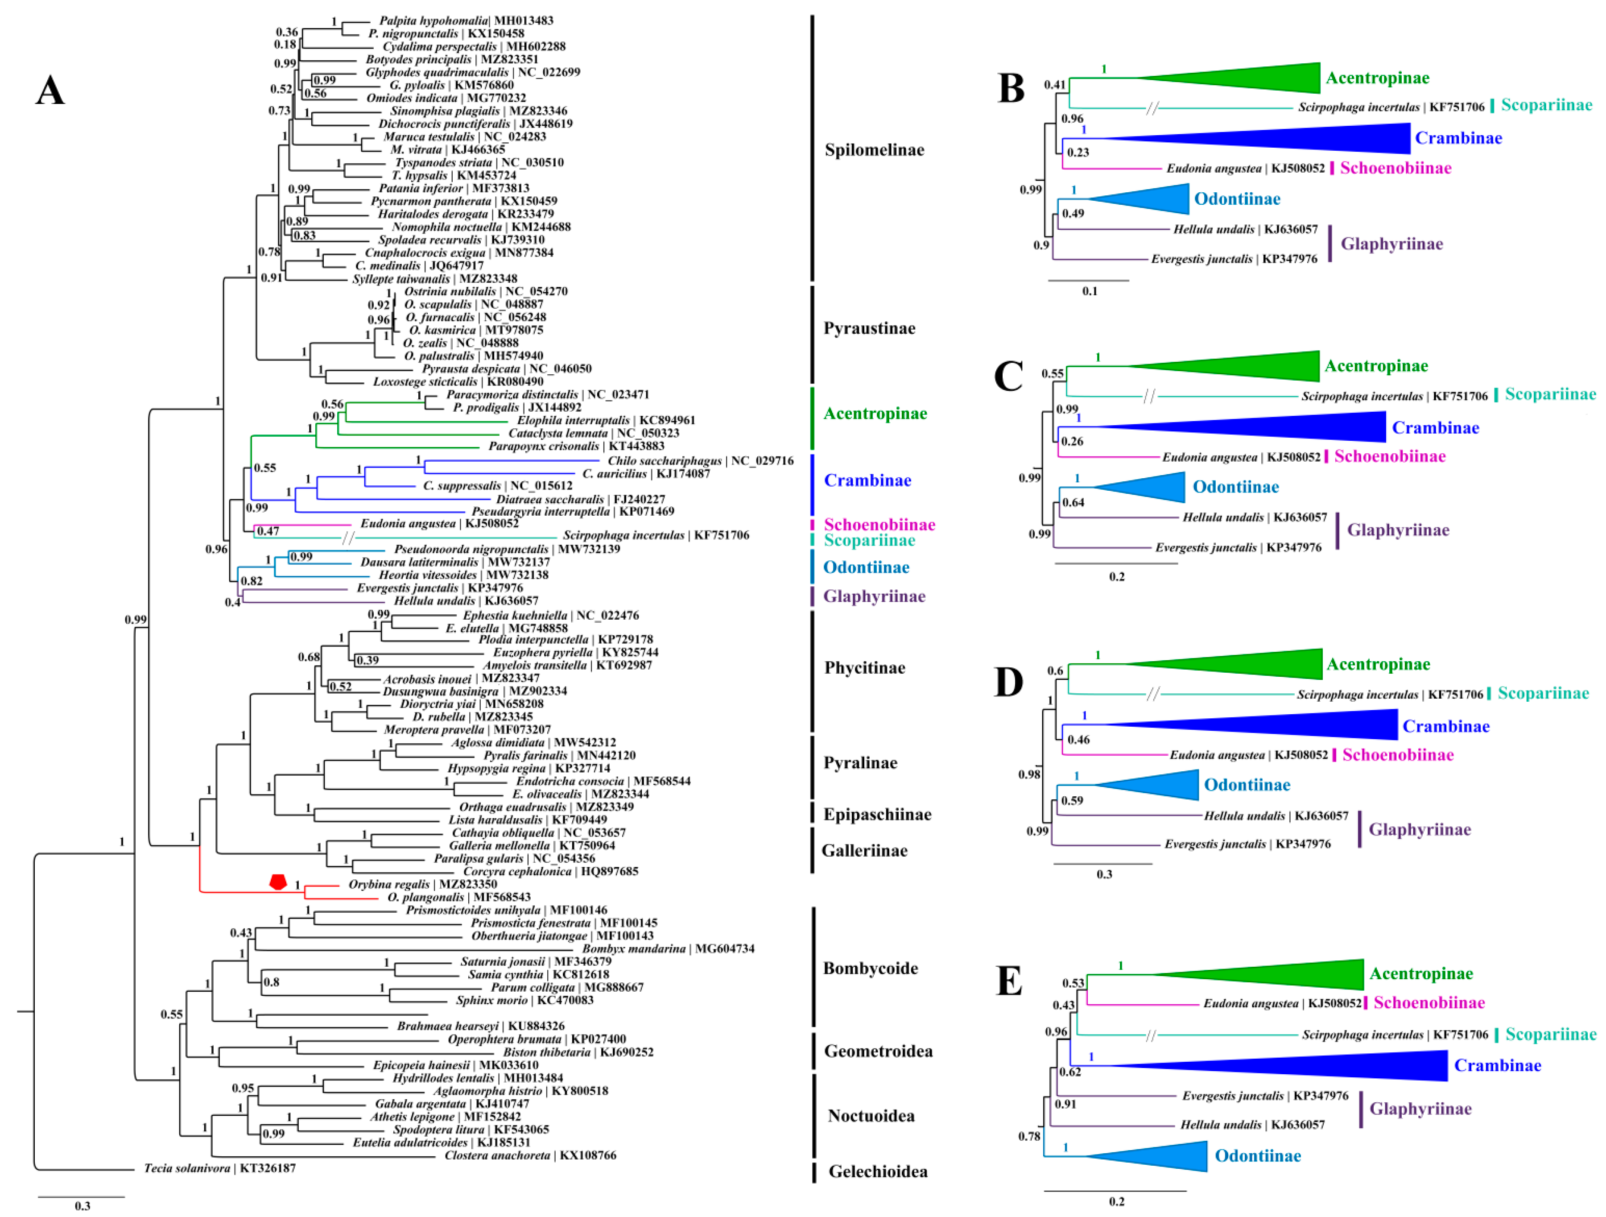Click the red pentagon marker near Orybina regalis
278,882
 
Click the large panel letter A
50,91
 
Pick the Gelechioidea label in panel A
878,1171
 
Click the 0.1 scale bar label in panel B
1090,291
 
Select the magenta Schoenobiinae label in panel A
879,524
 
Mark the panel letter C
1008,376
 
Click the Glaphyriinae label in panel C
1398,530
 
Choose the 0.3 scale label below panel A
82,1205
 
